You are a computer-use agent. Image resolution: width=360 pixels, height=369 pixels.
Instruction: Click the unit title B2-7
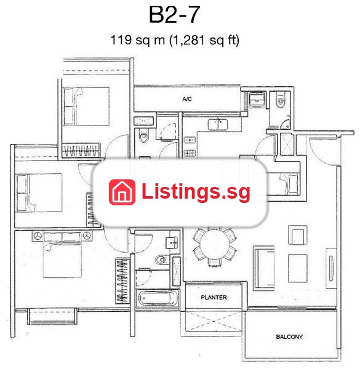pyautogui.click(x=175, y=15)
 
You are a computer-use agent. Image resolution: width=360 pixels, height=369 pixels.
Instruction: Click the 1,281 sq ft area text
pyautogui.click(x=204, y=40)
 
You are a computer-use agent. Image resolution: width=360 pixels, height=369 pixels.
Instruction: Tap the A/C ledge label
pyautogui.click(x=187, y=99)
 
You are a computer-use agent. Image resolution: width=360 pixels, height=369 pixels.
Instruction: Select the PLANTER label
pyautogui.click(x=214, y=298)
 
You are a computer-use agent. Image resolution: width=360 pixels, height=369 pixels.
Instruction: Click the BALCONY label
pyautogui.click(x=289, y=337)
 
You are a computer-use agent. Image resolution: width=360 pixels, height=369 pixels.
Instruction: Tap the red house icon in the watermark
pyautogui.click(x=122, y=192)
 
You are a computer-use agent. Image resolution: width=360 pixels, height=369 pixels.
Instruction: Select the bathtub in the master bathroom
pyautogui.click(x=158, y=298)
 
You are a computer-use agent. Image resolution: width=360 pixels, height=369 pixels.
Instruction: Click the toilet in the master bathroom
pyautogui.click(x=161, y=260)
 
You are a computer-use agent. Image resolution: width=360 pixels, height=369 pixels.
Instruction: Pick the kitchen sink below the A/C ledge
pyautogui.click(x=218, y=124)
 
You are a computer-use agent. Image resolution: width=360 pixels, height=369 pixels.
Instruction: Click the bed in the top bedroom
pyautogui.click(x=86, y=106)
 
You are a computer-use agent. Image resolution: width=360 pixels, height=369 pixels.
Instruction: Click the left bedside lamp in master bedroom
pyautogui.click(x=38, y=236)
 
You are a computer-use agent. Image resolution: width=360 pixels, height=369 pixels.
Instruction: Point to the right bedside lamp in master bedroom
pyautogui.click(x=87, y=236)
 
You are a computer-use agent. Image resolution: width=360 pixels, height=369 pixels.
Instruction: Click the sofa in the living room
pyautogui.click(x=264, y=268)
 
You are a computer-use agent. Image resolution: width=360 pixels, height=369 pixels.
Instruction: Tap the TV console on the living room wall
pyautogui.click(x=331, y=268)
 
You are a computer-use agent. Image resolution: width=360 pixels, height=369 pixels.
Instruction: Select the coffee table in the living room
pyautogui.click(x=298, y=268)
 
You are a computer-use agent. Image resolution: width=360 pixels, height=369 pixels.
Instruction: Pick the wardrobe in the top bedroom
pyautogui.click(x=81, y=150)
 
